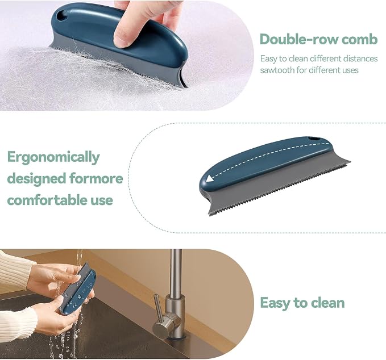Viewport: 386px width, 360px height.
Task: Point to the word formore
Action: [x=96, y=178]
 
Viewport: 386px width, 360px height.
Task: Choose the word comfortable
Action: [x=47, y=200]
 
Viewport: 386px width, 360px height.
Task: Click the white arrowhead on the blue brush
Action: [x=210, y=178]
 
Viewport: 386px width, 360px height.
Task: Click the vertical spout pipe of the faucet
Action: [x=176, y=274]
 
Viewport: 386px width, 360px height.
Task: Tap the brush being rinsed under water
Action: [x=77, y=290]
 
